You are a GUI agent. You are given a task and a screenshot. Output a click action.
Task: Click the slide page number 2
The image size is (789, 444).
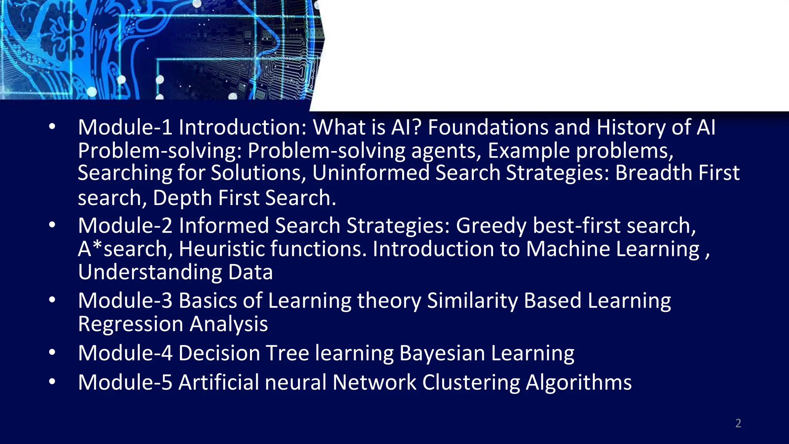pos(738,423)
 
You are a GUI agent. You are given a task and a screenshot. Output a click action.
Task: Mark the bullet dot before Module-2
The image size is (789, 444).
pos(52,225)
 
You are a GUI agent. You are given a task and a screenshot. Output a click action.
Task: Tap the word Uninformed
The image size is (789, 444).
pos(371,173)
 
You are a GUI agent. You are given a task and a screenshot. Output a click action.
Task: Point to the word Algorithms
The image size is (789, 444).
pos(579,383)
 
